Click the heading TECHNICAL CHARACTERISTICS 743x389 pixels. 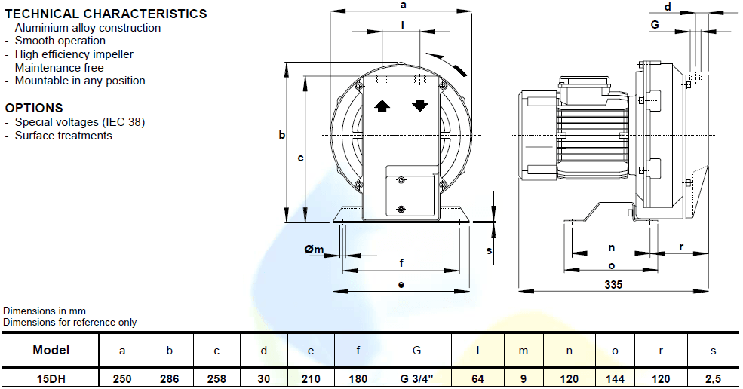pyautogui.click(x=106, y=14)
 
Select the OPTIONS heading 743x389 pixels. pyautogui.click(x=34, y=108)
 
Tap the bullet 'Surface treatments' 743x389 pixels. pyautogui.click(x=63, y=136)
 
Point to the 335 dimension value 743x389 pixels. pyautogui.click(x=613, y=284)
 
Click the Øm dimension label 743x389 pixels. pyautogui.click(x=314, y=250)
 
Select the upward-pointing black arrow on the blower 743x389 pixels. pyautogui.click(x=382, y=106)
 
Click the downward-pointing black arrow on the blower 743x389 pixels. pyautogui.click(x=419, y=106)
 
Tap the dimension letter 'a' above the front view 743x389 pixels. pyautogui.click(x=404, y=5)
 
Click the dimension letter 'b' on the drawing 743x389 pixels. pyautogui.click(x=281, y=135)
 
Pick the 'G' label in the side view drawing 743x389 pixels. pyautogui.click(x=655, y=24)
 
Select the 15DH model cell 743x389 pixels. pyautogui.click(x=51, y=378)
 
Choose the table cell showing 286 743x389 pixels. pyautogui.click(x=170, y=378)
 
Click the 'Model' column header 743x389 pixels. pyautogui.click(x=51, y=350)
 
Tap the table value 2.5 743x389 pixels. pyautogui.click(x=713, y=378)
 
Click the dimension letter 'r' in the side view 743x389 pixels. pyautogui.click(x=681, y=247)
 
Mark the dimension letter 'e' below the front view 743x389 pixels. pyautogui.click(x=401, y=284)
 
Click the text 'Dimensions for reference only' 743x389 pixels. pyautogui.click(x=70, y=322)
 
